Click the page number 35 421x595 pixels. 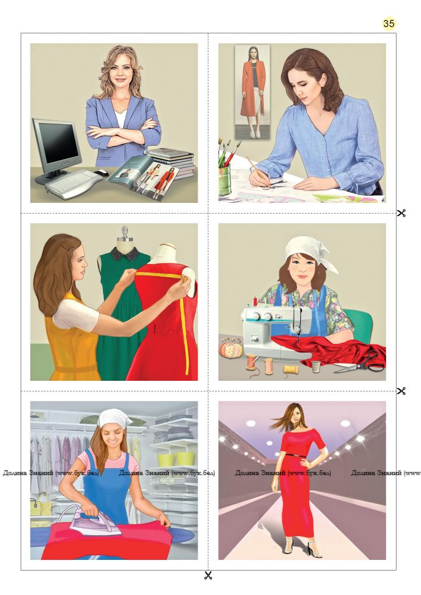[388, 24]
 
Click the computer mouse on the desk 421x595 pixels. [101, 173]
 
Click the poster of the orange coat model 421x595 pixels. [252, 91]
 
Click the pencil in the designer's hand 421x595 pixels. [258, 172]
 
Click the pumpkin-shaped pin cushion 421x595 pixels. [231, 349]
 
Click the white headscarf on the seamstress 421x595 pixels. [311, 251]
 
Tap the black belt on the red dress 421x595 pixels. [295, 455]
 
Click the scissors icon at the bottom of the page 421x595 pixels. [208, 575]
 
